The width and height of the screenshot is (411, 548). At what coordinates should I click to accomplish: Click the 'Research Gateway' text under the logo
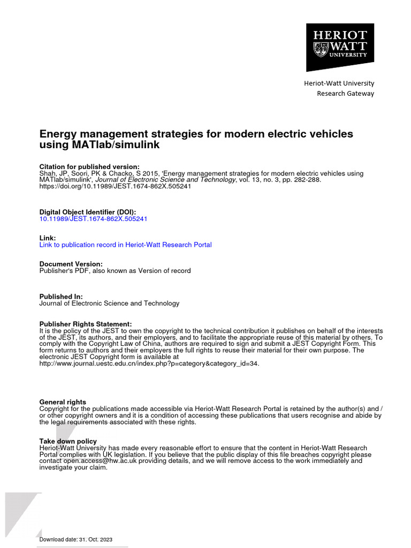345,94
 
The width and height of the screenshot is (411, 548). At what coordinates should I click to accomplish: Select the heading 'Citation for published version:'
89,167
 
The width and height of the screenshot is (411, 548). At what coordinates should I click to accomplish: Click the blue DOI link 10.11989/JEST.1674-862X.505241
93,219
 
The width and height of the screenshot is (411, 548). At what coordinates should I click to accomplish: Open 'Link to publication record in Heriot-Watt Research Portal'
125,245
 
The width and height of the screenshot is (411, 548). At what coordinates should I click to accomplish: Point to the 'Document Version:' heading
71,264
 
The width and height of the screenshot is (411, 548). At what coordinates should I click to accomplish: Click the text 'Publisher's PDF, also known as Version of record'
115,271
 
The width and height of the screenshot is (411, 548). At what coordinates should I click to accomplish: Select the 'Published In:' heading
61,296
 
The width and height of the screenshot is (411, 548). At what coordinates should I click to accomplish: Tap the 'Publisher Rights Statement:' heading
86,324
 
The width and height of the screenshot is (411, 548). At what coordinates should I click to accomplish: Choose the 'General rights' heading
63,402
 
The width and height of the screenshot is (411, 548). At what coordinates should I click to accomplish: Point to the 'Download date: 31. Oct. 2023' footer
76,539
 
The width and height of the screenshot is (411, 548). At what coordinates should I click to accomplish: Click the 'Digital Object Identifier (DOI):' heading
88,212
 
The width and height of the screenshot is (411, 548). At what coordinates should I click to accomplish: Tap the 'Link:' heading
48,238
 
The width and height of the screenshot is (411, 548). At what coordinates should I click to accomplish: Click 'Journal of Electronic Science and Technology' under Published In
109,303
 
